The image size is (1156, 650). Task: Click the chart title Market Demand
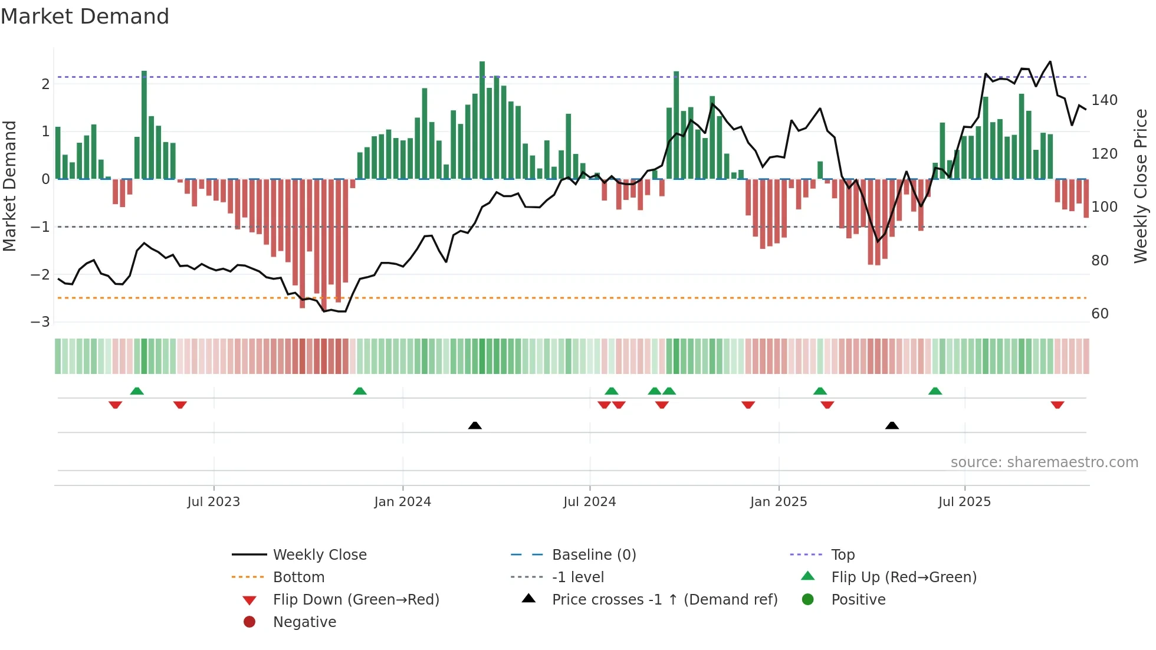(85, 17)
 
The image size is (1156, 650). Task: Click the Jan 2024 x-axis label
(402, 502)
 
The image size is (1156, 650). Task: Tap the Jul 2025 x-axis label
(964, 502)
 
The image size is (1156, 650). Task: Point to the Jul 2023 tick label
(214, 502)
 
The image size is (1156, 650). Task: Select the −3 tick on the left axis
(41, 322)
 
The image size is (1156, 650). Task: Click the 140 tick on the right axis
(1104, 100)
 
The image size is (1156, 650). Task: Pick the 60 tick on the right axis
(1099, 314)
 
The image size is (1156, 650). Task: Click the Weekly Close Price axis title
(1141, 186)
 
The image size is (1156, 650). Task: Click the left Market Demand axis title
(9, 186)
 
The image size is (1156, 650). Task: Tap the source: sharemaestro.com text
(1044, 462)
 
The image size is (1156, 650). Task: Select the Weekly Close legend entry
(319, 555)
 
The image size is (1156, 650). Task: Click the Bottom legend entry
(298, 577)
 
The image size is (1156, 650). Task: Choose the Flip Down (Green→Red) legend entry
(356, 600)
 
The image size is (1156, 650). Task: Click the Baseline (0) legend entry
(593, 555)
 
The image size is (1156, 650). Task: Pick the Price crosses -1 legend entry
(664, 600)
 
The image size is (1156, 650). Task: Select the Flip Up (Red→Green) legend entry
(904, 577)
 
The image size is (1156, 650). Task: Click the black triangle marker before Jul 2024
(475, 425)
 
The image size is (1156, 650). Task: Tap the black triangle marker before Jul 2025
(892, 425)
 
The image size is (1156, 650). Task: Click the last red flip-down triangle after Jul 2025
(1057, 405)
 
